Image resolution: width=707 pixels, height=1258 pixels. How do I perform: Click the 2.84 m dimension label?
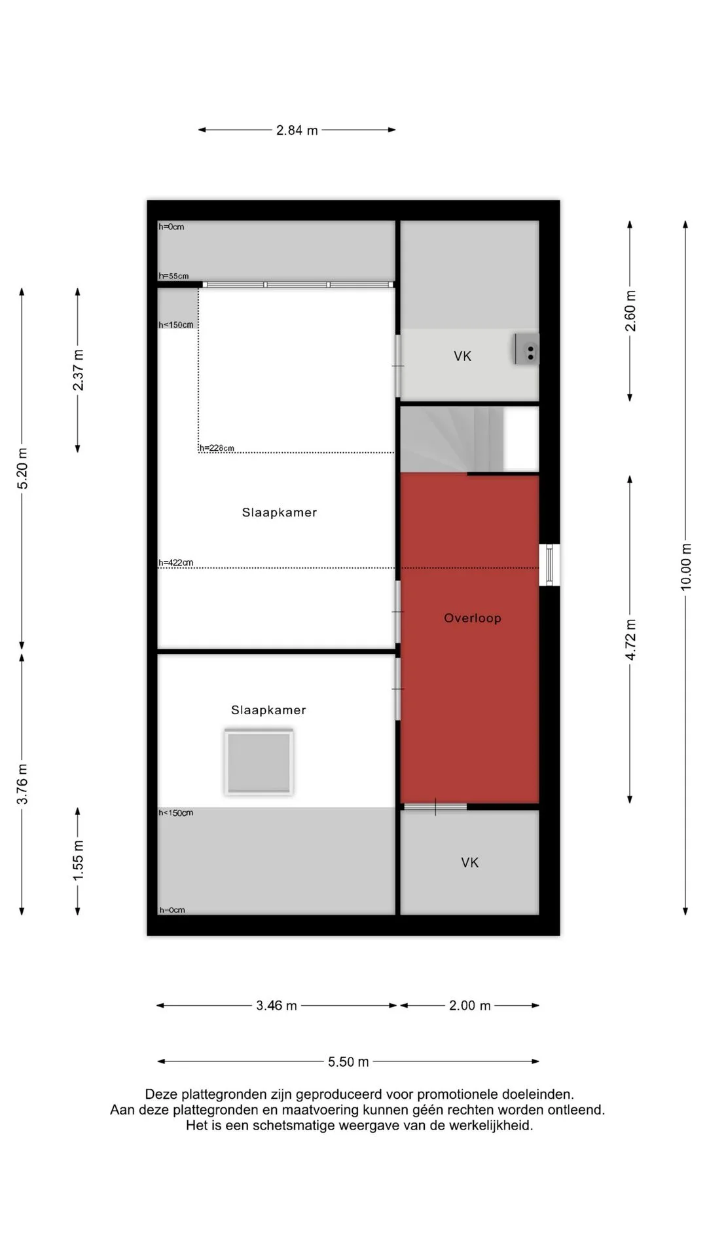tap(297, 130)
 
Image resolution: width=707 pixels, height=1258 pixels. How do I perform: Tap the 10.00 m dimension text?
tap(685, 567)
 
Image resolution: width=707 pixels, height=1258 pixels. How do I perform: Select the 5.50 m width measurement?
tap(348, 1061)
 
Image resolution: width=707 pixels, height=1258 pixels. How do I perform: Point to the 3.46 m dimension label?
tap(276, 1005)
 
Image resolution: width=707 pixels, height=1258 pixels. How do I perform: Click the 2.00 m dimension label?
tap(469, 1005)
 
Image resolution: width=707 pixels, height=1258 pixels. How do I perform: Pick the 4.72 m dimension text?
tap(630, 639)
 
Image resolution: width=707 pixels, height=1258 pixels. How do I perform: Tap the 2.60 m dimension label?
tap(630, 310)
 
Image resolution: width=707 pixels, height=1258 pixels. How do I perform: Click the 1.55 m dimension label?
tap(78, 860)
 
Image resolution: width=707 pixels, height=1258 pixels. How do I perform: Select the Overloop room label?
tap(473, 618)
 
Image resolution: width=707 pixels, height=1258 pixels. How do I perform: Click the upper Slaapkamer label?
tap(280, 512)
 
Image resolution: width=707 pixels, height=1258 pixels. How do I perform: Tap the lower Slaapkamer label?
tap(268, 710)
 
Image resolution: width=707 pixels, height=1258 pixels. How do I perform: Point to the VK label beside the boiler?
tap(463, 356)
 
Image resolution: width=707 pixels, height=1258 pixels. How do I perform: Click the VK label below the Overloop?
tap(470, 862)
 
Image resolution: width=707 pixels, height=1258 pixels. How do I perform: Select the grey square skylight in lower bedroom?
tap(259, 762)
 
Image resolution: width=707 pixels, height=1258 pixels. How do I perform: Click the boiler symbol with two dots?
tap(526, 349)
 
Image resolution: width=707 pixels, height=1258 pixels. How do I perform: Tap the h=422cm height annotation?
tap(176, 563)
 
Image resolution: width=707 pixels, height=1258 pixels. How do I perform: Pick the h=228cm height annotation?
tap(217, 448)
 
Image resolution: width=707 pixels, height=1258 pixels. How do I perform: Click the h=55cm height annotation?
tap(173, 276)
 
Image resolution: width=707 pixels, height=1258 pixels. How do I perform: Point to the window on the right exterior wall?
tap(549, 565)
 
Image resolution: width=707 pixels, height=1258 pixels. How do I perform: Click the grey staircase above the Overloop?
tap(452, 439)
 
